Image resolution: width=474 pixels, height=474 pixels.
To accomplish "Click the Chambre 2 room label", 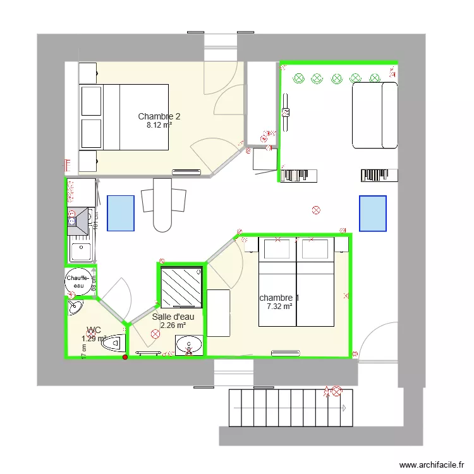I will pyautogui.click(x=159, y=116).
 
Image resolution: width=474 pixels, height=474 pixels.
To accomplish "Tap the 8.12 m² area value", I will pyautogui.click(x=159, y=125).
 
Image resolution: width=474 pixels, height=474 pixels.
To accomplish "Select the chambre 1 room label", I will pyautogui.click(x=279, y=298).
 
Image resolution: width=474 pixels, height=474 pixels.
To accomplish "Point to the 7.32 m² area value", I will pyautogui.click(x=279, y=307).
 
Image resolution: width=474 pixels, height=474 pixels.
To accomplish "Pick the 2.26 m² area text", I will pyautogui.click(x=173, y=325).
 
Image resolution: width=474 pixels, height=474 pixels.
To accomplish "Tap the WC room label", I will pyautogui.click(x=94, y=330).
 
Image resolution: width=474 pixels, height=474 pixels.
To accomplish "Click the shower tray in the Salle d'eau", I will pyautogui.click(x=181, y=288).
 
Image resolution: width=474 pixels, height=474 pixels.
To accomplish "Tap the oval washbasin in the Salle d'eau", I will pyautogui.click(x=189, y=346).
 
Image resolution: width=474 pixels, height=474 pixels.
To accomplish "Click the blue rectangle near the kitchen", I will pyautogui.click(x=121, y=213).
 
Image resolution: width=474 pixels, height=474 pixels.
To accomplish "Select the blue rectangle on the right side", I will pyautogui.click(x=372, y=213).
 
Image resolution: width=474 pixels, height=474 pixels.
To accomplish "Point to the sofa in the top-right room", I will pyautogui.click(x=374, y=115).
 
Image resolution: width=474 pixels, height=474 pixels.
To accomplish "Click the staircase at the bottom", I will pyautogui.click(x=288, y=408).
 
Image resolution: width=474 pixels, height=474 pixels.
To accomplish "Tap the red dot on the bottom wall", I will pyautogui.click(x=125, y=358).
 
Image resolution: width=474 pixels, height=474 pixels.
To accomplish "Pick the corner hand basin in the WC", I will pyautogui.click(x=75, y=307).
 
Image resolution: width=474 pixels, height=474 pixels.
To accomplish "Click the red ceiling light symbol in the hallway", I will pyautogui.click(x=317, y=210).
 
